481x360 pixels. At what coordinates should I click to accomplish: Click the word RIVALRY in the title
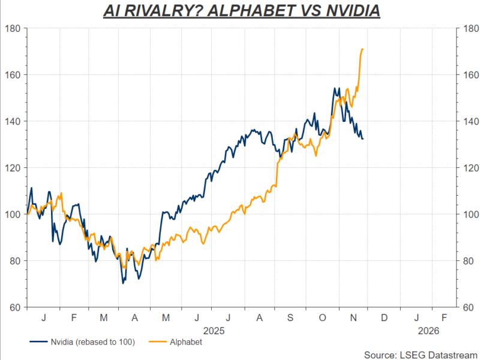click(157, 11)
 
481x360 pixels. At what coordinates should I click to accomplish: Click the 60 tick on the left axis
click(14, 307)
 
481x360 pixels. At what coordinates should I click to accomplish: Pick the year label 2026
click(429, 330)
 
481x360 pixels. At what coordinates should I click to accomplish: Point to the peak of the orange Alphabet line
click(363, 49)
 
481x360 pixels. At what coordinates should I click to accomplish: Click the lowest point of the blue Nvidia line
click(124, 283)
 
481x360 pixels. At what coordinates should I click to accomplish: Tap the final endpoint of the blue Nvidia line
click(363, 139)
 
